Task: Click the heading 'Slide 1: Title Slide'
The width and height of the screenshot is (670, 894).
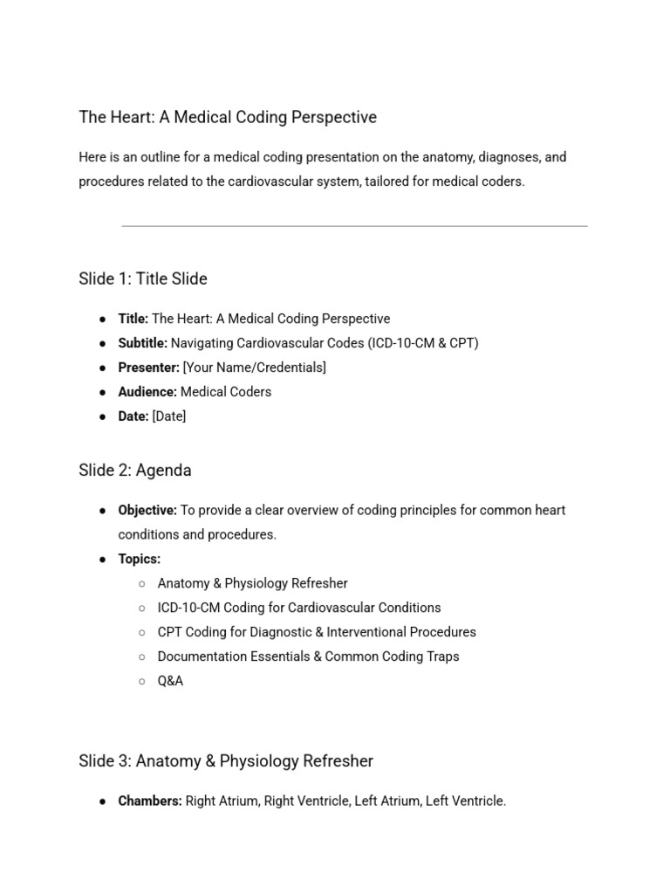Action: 142,279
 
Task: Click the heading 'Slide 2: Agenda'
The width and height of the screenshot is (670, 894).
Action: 134,471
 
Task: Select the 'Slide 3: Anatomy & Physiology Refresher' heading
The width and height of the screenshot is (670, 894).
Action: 225,761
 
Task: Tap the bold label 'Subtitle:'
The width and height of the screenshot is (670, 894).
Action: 142,343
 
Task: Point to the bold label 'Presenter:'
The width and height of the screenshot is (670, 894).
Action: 148,368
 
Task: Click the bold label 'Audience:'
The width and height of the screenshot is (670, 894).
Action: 147,392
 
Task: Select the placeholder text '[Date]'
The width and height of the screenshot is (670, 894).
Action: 168,416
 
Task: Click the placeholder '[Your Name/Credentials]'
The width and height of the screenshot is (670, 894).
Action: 254,368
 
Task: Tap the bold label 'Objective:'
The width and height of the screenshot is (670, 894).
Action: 147,510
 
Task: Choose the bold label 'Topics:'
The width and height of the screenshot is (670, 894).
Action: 140,559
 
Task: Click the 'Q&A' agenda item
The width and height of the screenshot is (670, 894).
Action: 170,681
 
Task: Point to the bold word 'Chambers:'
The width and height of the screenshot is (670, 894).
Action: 150,801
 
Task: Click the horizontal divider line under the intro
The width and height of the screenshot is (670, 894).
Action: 354,226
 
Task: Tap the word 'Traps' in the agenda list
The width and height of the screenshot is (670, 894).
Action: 441,657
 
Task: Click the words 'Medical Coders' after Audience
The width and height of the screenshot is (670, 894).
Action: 225,392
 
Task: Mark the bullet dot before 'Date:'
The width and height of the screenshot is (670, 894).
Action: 103,417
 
